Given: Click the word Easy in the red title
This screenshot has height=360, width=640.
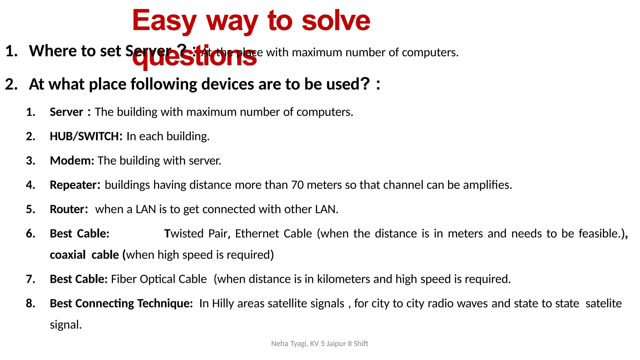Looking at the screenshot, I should (x=164, y=21).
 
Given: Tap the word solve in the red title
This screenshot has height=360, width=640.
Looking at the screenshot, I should (x=336, y=21).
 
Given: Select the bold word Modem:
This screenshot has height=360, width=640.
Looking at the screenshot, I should (x=72, y=161).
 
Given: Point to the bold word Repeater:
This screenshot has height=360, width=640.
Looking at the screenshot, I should (x=75, y=185).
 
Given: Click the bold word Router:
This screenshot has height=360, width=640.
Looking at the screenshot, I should (x=69, y=209).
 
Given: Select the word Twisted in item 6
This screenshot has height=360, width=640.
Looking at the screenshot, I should (x=184, y=234).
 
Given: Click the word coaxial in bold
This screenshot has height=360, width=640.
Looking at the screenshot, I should (x=67, y=255).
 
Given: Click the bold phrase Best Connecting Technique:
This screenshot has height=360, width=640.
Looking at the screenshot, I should (x=121, y=303).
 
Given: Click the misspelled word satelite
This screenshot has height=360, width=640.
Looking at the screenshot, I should (x=603, y=303).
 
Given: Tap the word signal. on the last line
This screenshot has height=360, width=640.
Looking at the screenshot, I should (x=66, y=325).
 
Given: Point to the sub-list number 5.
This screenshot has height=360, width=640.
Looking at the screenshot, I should (x=30, y=209).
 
